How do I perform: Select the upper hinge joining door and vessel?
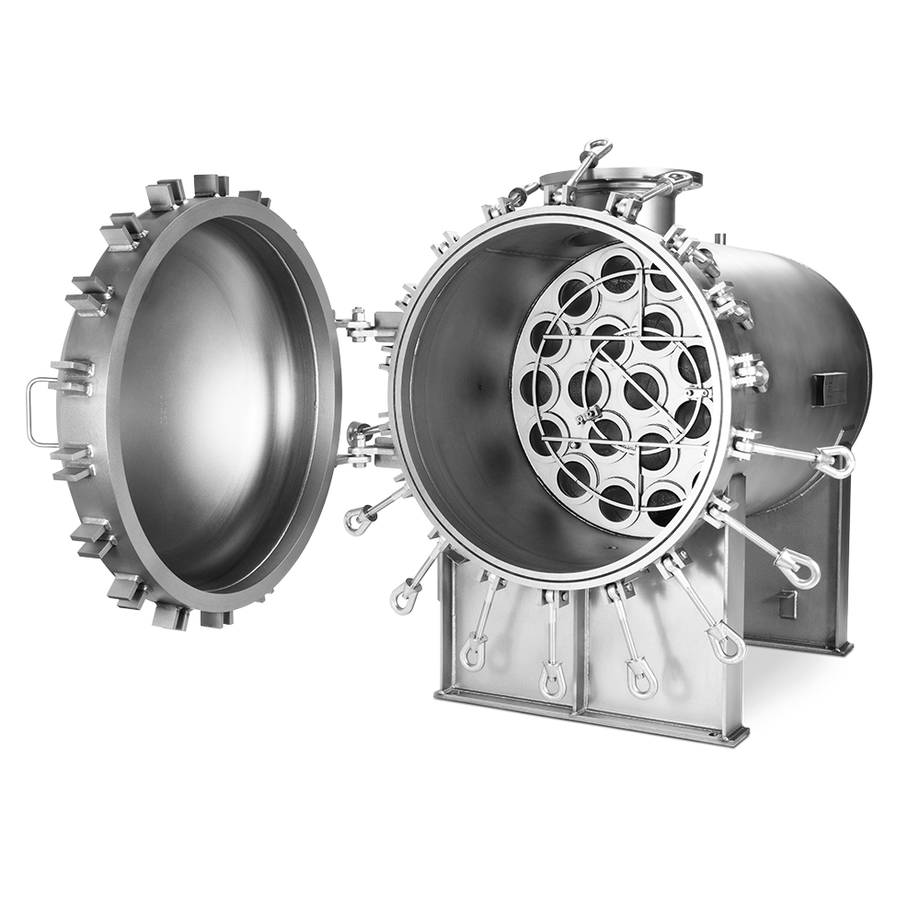pos(362,324)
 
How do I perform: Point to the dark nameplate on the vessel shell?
pos(828,388)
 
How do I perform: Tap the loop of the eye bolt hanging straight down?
pos(553,681)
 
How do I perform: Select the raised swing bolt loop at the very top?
pos(596,148)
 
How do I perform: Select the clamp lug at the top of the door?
pos(211,185)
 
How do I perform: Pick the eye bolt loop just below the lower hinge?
pos(356,520)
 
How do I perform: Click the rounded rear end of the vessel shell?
pos(846,368)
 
